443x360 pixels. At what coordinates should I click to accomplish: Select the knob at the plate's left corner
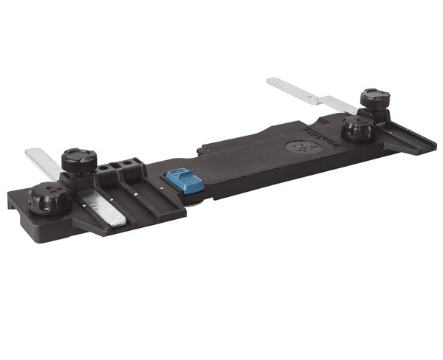point(49,198)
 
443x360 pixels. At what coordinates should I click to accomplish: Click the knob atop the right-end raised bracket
point(375,99)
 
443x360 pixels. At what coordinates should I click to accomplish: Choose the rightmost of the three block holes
point(131,161)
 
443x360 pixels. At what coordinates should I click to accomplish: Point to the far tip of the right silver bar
point(272,81)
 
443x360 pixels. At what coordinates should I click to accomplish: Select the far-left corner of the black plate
point(10,195)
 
